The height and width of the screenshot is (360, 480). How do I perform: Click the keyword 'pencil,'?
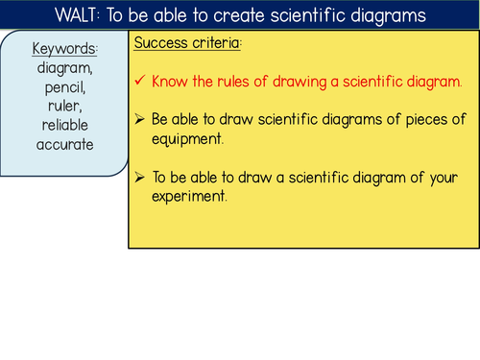tap(65, 89)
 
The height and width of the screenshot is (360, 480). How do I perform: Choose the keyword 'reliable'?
tap(65, 127)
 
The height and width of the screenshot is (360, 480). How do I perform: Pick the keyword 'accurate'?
tap(65, 146)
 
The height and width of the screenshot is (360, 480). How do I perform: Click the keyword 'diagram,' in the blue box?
tap(65, 69)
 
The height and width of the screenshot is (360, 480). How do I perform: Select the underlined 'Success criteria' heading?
tap(186, 44)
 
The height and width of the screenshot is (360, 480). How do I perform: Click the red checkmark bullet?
tap(141, 82)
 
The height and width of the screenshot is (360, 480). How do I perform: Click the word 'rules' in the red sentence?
tap(238, 82)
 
